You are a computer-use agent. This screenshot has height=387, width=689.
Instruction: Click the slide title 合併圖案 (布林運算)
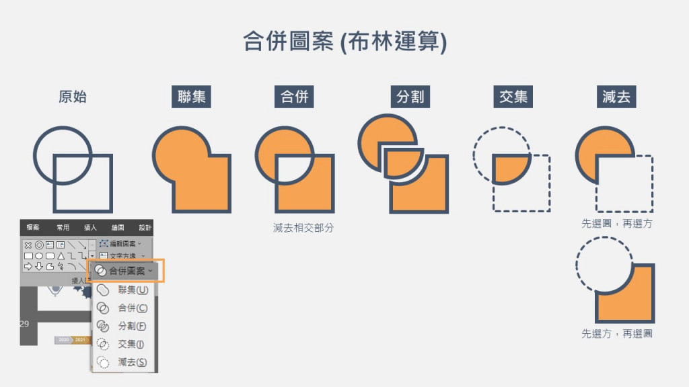(344, 42)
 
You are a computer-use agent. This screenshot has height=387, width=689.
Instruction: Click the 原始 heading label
(73, 97)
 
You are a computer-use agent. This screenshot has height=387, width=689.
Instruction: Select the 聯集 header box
(192, 97)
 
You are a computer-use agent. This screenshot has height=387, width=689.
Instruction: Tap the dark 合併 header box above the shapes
(295, 97)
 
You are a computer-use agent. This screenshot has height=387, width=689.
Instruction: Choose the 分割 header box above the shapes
(410, 97)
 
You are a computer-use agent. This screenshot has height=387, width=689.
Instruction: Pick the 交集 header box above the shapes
(513, 97)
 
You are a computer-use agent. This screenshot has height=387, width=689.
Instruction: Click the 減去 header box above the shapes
(616, 97)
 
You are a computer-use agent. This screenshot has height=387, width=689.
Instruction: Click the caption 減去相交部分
(303, 228)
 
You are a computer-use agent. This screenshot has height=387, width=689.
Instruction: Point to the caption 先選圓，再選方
(617, 223)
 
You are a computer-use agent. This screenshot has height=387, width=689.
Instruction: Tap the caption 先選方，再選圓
(617, 333)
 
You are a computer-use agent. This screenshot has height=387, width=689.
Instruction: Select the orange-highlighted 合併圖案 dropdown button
(126, 271)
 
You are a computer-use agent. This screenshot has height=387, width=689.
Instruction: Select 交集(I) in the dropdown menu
(131, 344)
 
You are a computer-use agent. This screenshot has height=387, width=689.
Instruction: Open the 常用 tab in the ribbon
(63, 228)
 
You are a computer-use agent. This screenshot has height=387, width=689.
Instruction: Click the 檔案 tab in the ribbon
(33, 228)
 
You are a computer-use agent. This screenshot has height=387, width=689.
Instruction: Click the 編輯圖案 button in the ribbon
(121, 243)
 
